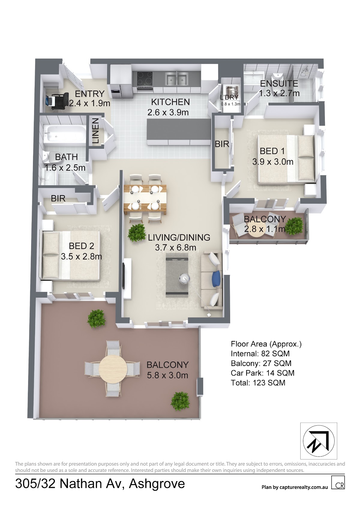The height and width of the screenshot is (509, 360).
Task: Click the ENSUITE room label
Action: pyautogui.click(x=279, y=84)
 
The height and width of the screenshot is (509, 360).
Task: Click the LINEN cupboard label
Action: pyautogui.click(x=96, y=131)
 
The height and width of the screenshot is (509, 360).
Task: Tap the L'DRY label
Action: pyautogui.click(x=229, y=97)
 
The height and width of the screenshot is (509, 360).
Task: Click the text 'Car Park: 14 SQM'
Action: pyautogui.click(x=262, y=373)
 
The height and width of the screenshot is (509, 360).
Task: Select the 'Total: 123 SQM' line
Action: pyautogui.click(x=258, y=383)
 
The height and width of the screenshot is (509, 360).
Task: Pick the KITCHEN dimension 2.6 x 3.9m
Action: pyautogui.click(x=168, y=112)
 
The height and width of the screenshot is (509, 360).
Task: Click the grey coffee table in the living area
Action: pyautogui.click(x=177, y=275)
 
